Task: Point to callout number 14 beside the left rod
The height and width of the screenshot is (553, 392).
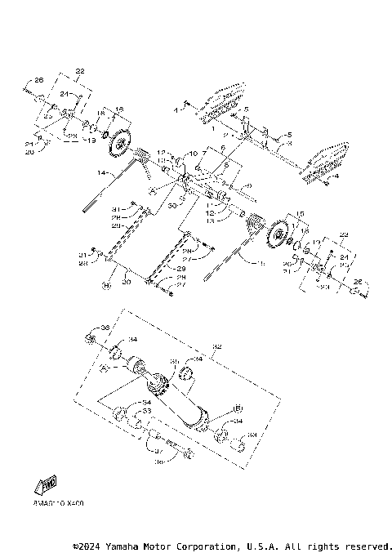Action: point(103,173)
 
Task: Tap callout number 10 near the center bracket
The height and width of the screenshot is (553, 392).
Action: point(194,154)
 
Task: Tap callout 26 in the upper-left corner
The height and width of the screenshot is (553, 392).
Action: point(38,80)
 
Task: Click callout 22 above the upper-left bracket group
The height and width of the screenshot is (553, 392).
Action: point(80,71)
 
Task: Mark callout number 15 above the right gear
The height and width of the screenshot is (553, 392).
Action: point(300,214)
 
